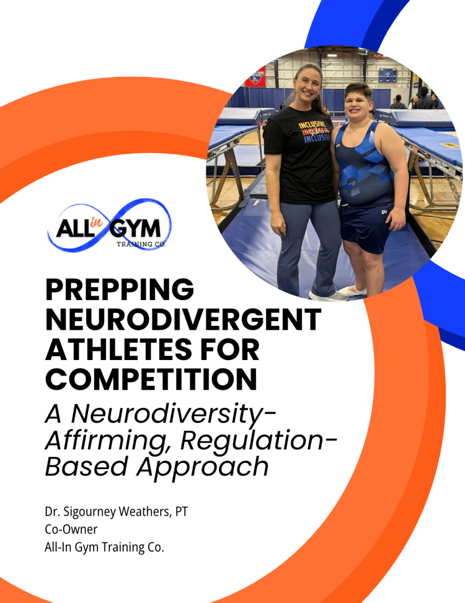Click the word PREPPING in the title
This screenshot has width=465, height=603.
click(x=120, y=289)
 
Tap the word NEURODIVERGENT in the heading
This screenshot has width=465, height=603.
click(x=183, y=319)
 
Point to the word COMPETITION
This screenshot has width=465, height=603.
click(x=151, y=379)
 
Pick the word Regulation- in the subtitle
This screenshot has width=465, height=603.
click(x=259, y=441)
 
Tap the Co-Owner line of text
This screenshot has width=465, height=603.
click(x=71, y=529)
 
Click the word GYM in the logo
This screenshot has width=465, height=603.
click(x=135, y=229)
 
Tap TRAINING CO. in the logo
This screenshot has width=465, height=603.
click(x=141, y=244)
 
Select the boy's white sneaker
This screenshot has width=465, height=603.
click(x=352, y=291)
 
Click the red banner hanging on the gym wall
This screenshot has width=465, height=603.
click(x=255, y=78)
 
